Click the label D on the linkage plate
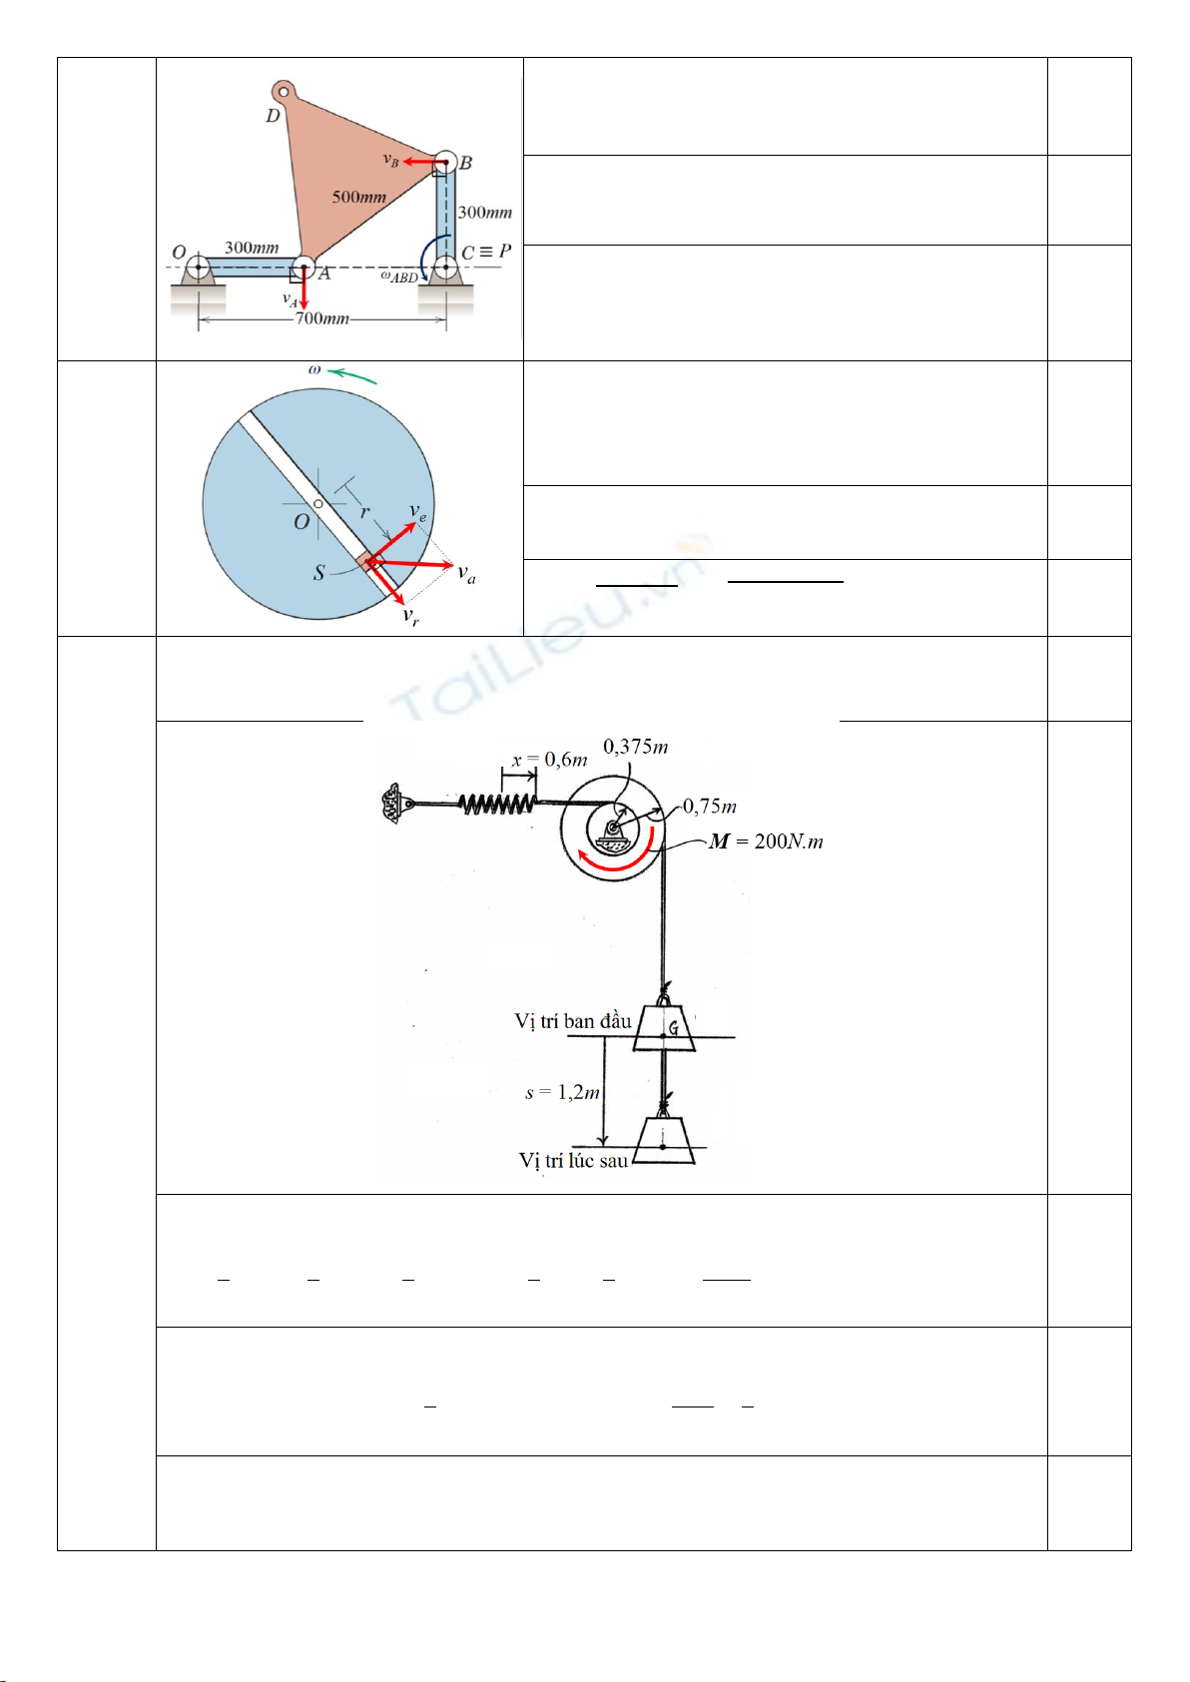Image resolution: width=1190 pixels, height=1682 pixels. pyautogui.click(x=273, y=116)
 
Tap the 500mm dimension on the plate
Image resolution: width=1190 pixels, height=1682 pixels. pyautogui.click(x=358, y=197)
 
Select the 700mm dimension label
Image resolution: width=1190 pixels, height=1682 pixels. pyautogui.click(x=321, y=318)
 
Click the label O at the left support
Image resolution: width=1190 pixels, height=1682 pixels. pyautogui.click(x=179, y=252)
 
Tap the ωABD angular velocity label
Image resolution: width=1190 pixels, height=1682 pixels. pyautogui.click(x=398, y=277)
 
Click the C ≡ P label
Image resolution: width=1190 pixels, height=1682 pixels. pyautogui.click(x=486, y=252)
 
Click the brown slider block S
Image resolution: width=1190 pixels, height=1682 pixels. pyautogui.click(x=365, y=560)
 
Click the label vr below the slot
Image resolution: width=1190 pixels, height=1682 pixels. pyautogui.click(x=410, y=616)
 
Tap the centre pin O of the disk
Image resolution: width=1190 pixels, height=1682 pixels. pyautogui.click(x=317, y=504)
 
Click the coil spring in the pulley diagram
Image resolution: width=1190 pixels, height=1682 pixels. pyautogui.click(x=495, y=803)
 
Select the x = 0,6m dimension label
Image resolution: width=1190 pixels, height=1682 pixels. pyautogui.click(x=549, y=760)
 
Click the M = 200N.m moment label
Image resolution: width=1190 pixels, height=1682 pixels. pyautogui.click(x=766, y=841)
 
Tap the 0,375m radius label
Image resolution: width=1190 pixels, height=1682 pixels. pyautogui.click(x=635, y=747)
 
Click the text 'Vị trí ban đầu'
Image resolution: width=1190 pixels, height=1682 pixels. pyautogui.click(x=573, y=1021)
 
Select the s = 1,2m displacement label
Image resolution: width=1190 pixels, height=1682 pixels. pyautogui.click(x=562, y=1092)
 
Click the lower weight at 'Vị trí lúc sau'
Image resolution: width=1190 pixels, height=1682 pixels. pyautogui.click(x=664, y=1140)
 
